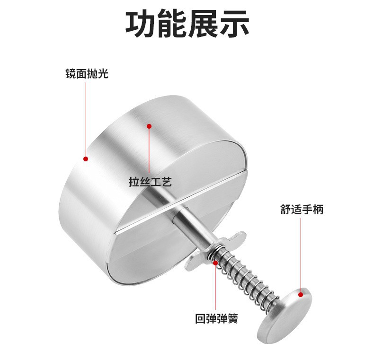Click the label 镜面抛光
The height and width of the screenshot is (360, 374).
(87, 74)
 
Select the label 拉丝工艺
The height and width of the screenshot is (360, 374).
(150, 182)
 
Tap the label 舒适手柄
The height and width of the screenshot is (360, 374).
(302, 209)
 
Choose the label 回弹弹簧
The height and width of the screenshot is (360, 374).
(216, 318)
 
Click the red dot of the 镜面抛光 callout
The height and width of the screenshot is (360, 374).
(86, 159)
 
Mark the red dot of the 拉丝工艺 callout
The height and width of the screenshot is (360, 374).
(149, 126)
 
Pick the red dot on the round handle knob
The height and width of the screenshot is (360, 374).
(301, 294)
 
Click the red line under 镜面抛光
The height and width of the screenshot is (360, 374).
(86, 118)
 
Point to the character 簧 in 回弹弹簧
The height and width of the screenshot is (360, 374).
(232, 318)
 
